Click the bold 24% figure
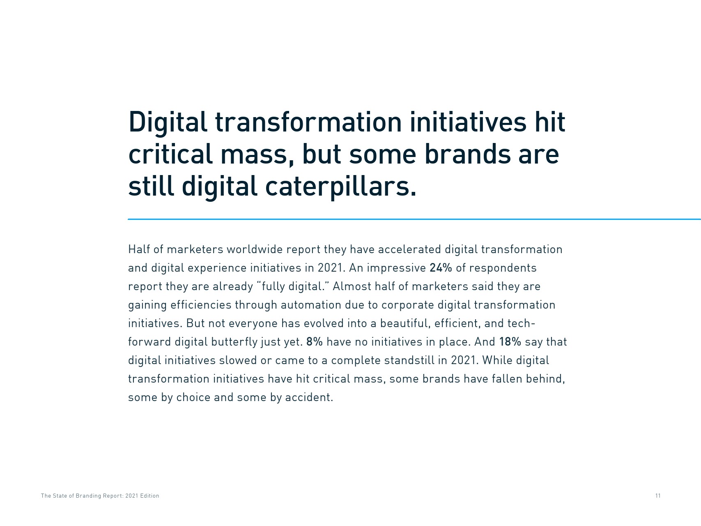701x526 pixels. point(441,268)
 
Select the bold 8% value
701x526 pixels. point(314,342)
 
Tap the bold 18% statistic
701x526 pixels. point(510,342)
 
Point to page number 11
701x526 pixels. point(658,496)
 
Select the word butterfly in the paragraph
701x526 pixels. point(234,342)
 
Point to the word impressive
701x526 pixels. point(396,268)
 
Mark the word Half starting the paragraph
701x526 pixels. point(138,249)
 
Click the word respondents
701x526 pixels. point(503,268)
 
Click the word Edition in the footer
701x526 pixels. point(149,496)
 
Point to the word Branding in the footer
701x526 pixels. point(88,496)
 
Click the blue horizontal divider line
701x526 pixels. point(414,219)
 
